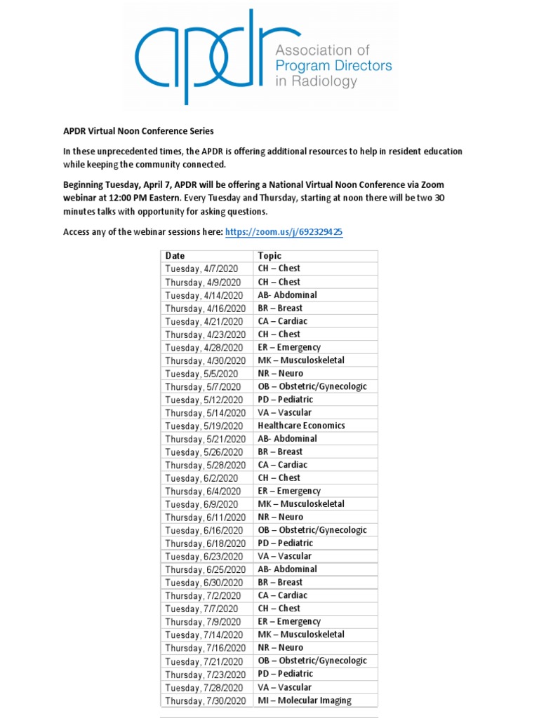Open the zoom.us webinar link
click(x=284, y=232)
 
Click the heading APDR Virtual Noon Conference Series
click(x=138, y=131)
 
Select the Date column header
click(x=175, y=256)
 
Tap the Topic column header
click(x=269, y=256)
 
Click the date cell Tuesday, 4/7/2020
click(x=201, y=269)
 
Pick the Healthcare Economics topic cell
click(x=301, y=426)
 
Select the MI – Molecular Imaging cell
click(x=305, y=700)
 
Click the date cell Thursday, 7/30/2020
click(x=206, y=700)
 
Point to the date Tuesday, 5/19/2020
click(x=204, y=426)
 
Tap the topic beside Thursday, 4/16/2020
click(x=280, y=308)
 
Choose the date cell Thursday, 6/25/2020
click(x=206, y=569)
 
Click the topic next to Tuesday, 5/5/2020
click(x=281, y=373)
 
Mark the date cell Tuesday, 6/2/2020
click(x=201, y=477)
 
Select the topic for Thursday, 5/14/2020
click(x=285, y=412)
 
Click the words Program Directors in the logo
click(x=333, y=66)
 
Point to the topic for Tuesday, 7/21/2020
click(x=312, y=661)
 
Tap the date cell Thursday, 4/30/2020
click(x=206, y=360)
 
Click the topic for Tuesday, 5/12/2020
click(x=286, y=400)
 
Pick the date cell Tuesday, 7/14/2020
click(x=204, y=635)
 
